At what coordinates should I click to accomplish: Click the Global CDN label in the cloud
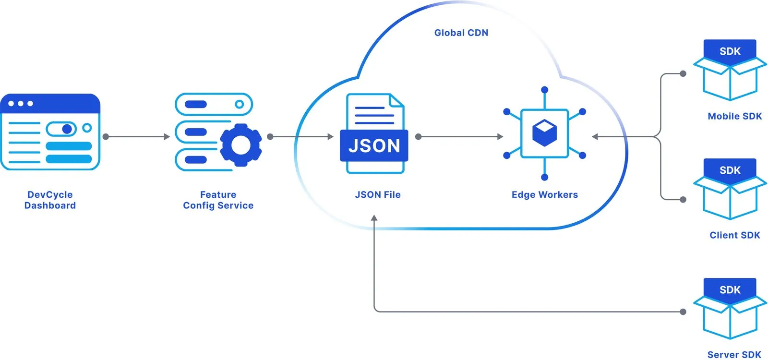461,33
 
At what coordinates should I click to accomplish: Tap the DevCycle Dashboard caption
50,200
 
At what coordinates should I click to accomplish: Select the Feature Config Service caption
218,200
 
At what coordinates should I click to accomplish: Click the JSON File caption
377,194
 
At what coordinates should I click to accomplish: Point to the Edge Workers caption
544,194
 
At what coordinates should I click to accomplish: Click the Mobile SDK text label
734,116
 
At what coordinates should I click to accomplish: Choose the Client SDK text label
734,235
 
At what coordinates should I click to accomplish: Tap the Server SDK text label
734,354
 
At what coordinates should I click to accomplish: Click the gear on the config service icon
241,145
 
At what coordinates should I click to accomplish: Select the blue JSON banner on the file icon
374,145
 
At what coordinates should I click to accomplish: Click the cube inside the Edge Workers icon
544,133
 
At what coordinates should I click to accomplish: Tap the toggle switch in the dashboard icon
61,129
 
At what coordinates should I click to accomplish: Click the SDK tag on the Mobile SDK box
730,51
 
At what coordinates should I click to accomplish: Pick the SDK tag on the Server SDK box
730,290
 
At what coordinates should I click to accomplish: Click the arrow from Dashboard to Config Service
137,137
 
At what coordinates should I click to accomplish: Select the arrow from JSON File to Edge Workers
460,137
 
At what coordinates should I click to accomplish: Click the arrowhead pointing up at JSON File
374,218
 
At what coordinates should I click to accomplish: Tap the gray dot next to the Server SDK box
683,312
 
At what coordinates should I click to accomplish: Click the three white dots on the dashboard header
20,103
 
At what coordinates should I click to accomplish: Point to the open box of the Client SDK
730,199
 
